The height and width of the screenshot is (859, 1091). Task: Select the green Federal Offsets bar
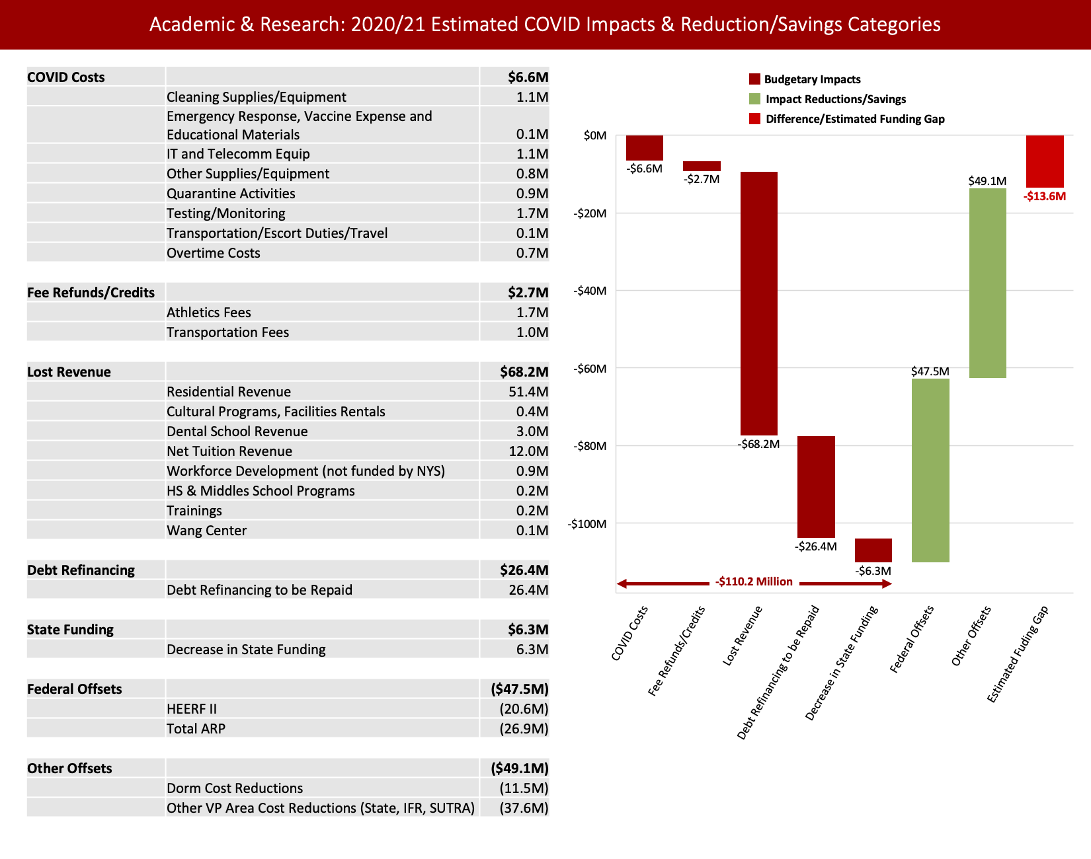[930, 470]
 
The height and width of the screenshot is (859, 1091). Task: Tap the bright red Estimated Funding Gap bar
[1045, 161]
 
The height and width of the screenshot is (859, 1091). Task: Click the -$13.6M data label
[1045, 196]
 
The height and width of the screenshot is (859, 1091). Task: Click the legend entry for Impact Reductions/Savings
[835, 99]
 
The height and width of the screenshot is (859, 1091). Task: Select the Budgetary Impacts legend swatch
[754, 79]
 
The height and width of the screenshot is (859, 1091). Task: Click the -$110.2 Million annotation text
[754, 581]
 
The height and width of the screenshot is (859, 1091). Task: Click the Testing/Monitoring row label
[226, 213]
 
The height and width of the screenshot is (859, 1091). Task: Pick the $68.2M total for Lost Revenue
[524, 372]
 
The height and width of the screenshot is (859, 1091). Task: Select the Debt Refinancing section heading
[81, 570]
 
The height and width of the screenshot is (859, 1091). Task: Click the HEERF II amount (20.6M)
[524, 709]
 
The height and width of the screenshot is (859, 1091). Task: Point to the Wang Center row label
[206, 531]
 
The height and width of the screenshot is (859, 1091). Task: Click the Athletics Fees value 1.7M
[532, 313]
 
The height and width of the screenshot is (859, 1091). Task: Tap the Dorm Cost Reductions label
[235, 788]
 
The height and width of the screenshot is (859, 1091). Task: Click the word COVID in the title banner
[553, 24]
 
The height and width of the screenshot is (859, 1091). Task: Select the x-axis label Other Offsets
[971, 636]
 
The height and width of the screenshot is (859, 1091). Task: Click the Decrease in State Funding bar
[873, 550]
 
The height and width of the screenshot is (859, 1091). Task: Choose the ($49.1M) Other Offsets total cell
[520, 768]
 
